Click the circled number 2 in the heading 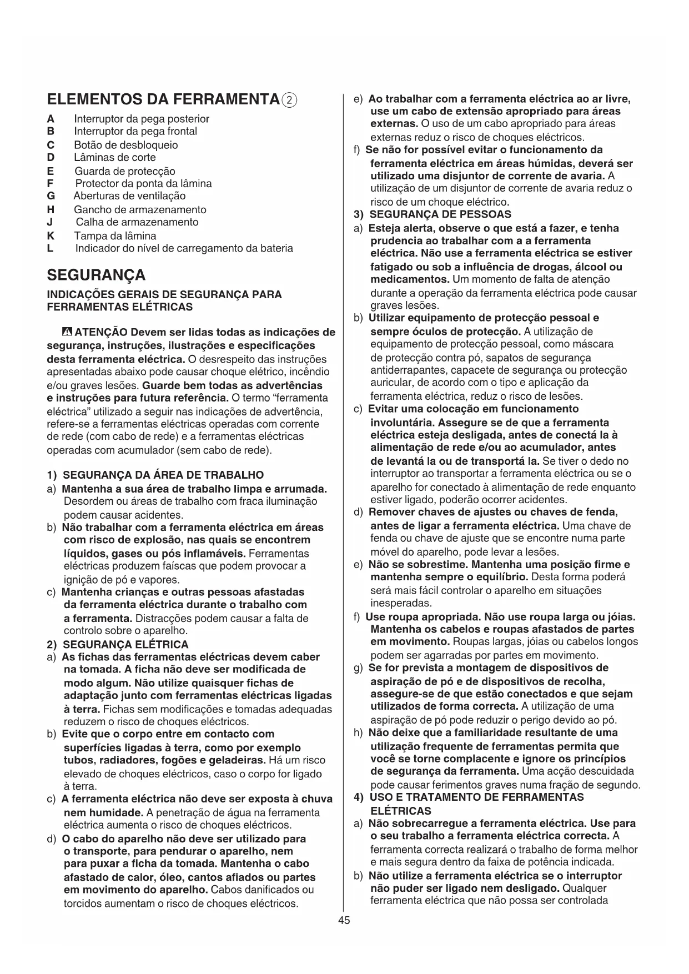(x=290, y=101)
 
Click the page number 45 (x=344, y=920)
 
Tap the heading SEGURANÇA (x=96, y=275)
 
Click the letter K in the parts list (x=51, y=235)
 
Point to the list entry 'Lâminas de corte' (x=115, y=158)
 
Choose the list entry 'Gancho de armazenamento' (x=140, y=210)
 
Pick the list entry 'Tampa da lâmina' (x=115, y=235)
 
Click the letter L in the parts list (x=51, y=248)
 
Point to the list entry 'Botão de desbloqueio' (x=126, y=145)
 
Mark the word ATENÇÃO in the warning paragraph (x=101, y=333)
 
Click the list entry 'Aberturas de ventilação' (x=129, y=196)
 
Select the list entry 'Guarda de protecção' (x=124, y=171)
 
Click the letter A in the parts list (x=51, y=119)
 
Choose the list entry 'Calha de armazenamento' (x=137, y=222)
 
